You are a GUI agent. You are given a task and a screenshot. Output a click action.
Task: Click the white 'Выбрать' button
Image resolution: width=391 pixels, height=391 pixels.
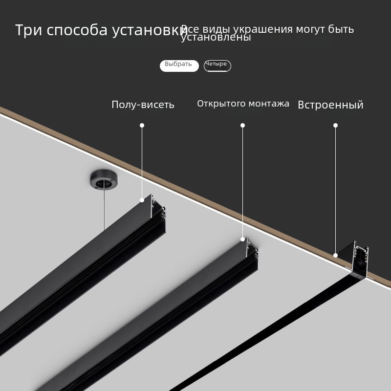tap(179, 65)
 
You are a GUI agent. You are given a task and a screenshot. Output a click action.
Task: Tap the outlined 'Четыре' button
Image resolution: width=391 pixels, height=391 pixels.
tap(217, 65)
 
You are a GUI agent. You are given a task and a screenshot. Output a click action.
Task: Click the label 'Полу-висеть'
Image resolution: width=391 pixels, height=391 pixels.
tap(143, 105)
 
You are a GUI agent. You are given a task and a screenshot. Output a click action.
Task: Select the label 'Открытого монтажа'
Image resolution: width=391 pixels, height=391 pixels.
tap(243, 104)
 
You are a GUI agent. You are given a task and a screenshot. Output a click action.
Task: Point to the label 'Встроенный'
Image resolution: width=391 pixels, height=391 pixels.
tap(330, 105)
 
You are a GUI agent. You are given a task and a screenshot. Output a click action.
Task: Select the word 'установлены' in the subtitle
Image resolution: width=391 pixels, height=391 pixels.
tap(216, 38)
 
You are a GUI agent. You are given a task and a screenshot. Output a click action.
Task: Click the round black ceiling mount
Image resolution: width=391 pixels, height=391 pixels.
tap(102, 180)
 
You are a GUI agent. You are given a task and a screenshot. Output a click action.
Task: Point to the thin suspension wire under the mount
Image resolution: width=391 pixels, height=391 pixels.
tap(104, 210)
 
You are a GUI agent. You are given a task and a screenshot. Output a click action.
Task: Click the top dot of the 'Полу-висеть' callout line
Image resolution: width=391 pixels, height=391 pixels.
tap(142, 126)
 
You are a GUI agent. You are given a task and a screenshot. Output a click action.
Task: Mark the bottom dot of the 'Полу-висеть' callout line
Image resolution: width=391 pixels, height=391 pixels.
tap(142, 200)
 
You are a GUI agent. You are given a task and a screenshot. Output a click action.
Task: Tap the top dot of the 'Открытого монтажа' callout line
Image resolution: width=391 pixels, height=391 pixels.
tap(242, 126)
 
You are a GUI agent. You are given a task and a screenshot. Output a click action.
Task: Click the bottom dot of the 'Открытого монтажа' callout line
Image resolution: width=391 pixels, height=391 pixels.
tap(242, 239)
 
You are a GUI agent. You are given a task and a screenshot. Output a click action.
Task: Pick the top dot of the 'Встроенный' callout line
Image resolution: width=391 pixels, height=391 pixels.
tap(335, 126)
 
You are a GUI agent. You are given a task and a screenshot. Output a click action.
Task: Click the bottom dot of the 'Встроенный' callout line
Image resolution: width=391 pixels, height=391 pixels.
tap(335, 255)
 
